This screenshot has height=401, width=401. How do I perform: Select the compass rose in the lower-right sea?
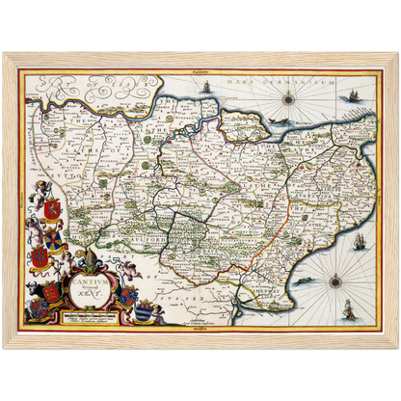(x=335, y=281)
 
